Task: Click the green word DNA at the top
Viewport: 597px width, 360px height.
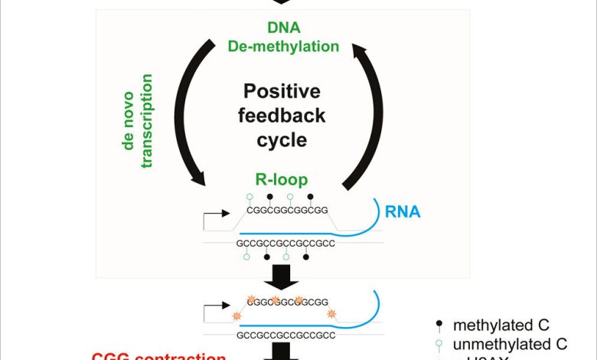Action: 283,28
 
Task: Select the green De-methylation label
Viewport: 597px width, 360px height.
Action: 283,46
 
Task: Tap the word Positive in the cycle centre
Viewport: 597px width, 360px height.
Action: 282,93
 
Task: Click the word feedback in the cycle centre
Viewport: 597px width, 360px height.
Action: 282,116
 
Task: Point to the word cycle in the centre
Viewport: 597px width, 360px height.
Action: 282,141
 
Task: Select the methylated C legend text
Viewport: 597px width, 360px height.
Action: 512,326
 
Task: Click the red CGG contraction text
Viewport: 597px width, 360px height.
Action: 159,356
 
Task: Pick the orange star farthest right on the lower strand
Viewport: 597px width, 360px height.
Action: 331,314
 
